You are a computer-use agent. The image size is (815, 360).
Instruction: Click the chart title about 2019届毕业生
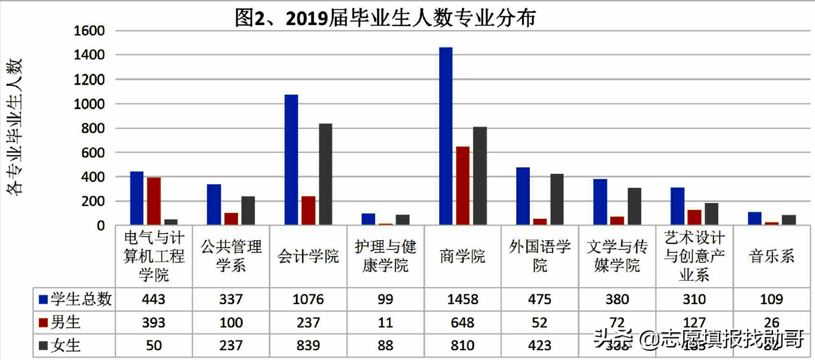[x=385, y=18]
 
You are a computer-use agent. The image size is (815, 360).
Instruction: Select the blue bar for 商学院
[x=445, y=136]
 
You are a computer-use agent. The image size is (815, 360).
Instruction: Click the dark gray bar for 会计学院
[x=326, y=175]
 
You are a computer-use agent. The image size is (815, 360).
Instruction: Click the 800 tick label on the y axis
[x=93, y=128]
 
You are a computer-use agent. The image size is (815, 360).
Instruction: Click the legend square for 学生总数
[x=43, y=299]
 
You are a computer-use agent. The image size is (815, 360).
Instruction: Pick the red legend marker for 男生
[x=43, y=322]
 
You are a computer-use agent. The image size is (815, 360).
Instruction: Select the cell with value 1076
[x=308, y=299]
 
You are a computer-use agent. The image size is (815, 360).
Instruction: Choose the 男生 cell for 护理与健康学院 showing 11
[x=385, y=322]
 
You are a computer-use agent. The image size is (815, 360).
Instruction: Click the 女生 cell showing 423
[x=540, y=345]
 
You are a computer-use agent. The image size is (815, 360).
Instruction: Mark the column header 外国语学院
[x=540, y=256]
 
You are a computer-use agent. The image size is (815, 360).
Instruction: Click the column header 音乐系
[x=771, y=256]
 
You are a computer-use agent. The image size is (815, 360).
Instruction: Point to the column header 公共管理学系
[x=231, y=256]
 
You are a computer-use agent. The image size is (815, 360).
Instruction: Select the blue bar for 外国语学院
[x=523, y=196]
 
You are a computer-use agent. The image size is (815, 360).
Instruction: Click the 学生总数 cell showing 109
[x=771, y=299]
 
